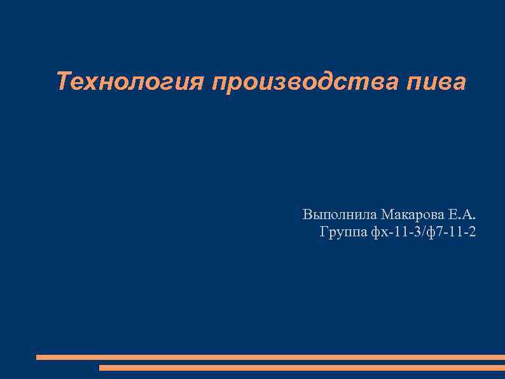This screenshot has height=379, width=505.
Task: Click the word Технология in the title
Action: [130, 82]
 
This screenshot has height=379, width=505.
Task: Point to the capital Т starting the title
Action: [63, 82]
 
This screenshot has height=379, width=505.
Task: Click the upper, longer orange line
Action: [270, 357]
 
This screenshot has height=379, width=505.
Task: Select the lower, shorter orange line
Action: [302, 368]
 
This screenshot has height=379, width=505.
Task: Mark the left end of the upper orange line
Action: [38, 357]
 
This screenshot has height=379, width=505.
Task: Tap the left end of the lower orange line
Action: [101, 368]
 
